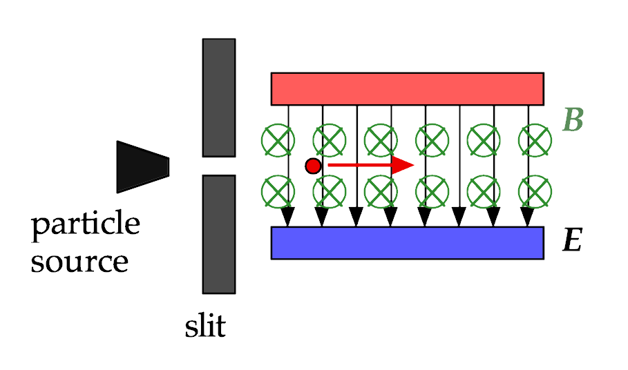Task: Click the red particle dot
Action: [313, 166]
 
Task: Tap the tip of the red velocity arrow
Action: [414, 165]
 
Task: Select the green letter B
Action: [573, 119]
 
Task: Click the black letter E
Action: [572, 240]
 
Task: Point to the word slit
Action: [205, 326]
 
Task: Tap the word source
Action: [79, 262]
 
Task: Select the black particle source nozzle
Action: [142, 167]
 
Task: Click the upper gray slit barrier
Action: [219, 97]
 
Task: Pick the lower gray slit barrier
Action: [219, 235]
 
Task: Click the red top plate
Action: [408, 89]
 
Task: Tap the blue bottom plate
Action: [408, 243]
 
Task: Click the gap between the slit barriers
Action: [219, 166]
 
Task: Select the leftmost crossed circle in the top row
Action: [278, 140]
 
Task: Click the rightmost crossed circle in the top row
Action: [535, 140]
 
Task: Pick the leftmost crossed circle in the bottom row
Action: [278, 192]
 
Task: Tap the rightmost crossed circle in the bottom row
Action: [535, 192]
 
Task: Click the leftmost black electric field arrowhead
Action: [288, 217]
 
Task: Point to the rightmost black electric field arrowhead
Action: [527, 217]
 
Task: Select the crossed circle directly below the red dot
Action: [330, 192]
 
